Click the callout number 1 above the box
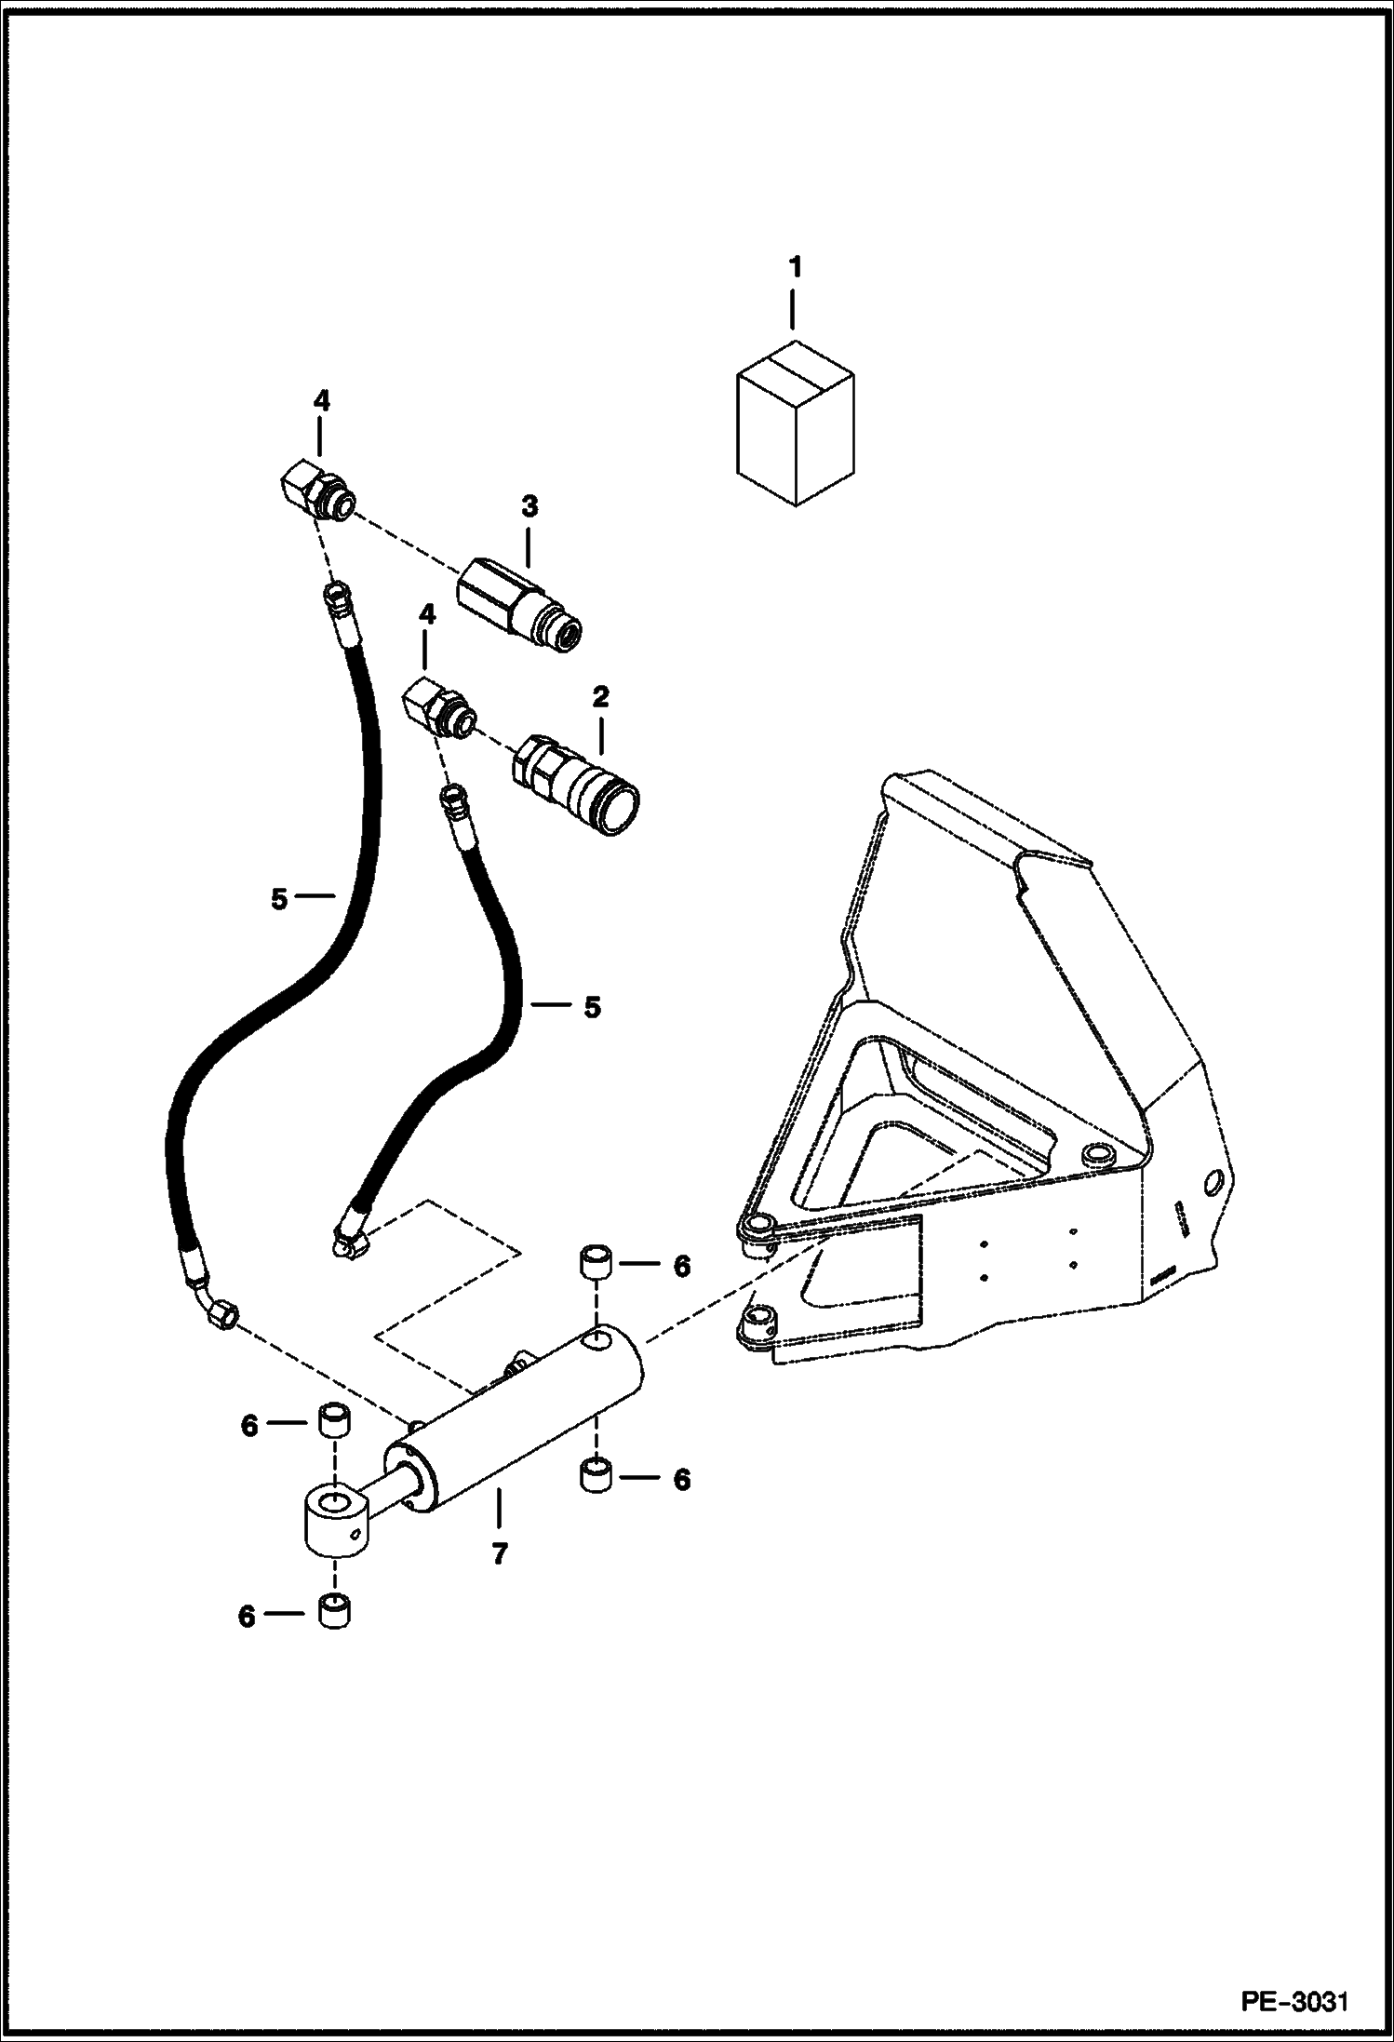click(x=794, y=269)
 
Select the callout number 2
click(x=600, y=695)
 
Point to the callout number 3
click(x=529, y=507)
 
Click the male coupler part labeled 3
click(x=518, y=603)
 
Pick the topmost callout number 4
click(x=321, y=401)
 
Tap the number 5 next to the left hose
click(x=279, y=899)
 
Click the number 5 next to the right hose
click(x=592, y=1007)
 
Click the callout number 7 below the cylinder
click(x=499, y=1553)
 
